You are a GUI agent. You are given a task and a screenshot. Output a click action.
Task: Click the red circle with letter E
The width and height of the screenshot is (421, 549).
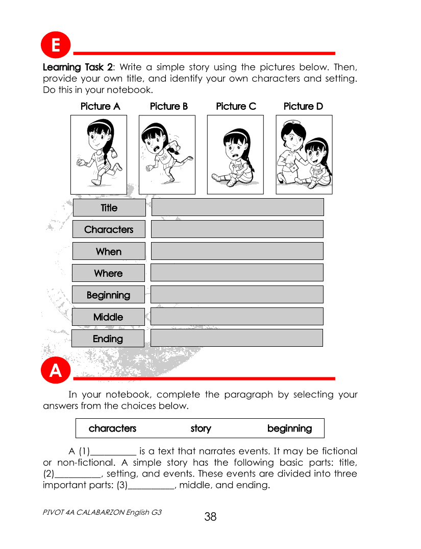click(x=56, y=46)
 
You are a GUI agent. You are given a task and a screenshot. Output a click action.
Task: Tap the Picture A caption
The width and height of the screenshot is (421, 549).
click(x=101, y=106)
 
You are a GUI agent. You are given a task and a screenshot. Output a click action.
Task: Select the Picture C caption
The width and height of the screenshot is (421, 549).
click(x=236, y=106)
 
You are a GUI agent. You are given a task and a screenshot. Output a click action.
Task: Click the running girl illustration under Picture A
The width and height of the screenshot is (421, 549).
click(x=98, y=153)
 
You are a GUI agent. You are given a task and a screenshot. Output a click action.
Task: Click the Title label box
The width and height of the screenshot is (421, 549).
click(x=109, y=208)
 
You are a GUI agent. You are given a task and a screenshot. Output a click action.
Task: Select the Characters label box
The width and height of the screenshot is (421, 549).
click(x=109, y=229)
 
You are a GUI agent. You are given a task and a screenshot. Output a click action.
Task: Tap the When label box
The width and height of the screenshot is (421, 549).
click(x=109, y=251)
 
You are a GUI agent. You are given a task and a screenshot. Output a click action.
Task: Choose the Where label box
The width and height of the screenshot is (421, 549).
click(x=108, y=273)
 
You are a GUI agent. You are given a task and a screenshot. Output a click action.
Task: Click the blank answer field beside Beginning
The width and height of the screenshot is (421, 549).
click(x=237, y=295)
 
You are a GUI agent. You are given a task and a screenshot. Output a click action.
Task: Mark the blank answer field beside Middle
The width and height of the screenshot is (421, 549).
click(x=237, y=317)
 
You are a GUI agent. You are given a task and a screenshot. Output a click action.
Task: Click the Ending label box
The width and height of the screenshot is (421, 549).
click(x=108, y=339)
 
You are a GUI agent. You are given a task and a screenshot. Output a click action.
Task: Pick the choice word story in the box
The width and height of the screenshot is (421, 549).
click(x=201, y=428)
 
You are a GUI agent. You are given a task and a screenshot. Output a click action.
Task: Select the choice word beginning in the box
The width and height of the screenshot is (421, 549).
click(x=289, y=428)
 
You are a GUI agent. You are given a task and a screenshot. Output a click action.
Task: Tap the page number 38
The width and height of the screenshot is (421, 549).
click(x=210, y=517)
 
